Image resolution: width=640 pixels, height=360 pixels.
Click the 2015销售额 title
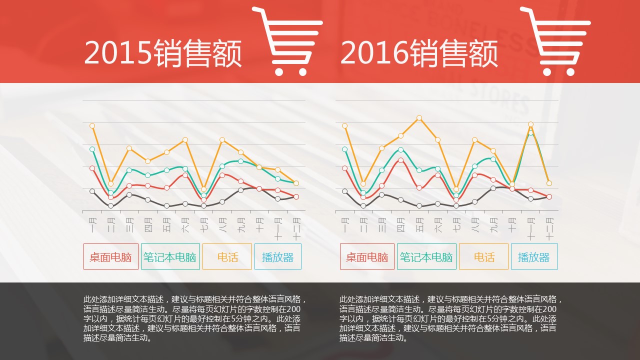[163, 53]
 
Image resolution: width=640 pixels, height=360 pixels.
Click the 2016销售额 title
[419, 53]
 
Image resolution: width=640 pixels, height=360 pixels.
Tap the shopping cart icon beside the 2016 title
[555, 41]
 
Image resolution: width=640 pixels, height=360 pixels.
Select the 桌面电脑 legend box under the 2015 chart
[110, 256]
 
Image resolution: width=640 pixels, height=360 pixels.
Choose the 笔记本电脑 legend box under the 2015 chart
[170, 256]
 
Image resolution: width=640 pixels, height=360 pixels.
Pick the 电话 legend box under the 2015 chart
[227, 256]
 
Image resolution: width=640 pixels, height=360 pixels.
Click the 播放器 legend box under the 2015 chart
[277, 256]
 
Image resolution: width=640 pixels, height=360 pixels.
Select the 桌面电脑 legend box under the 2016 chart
[367, 256]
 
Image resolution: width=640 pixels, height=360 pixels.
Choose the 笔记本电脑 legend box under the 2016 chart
[426, 256]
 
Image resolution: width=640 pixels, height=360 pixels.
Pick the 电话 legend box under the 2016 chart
[483, 256]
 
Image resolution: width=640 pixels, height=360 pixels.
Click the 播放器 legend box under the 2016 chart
[534, 256]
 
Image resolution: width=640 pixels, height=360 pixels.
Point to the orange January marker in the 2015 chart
[92, 125]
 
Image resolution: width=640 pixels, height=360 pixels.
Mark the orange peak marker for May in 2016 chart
[419, 118]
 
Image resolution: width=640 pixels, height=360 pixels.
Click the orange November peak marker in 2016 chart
[530, 124]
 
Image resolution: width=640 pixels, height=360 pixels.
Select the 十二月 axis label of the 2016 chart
[549, 227]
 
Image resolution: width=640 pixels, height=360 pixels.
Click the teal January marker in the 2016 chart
[344, 149]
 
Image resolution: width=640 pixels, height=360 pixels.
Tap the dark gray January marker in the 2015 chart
[92, 191]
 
